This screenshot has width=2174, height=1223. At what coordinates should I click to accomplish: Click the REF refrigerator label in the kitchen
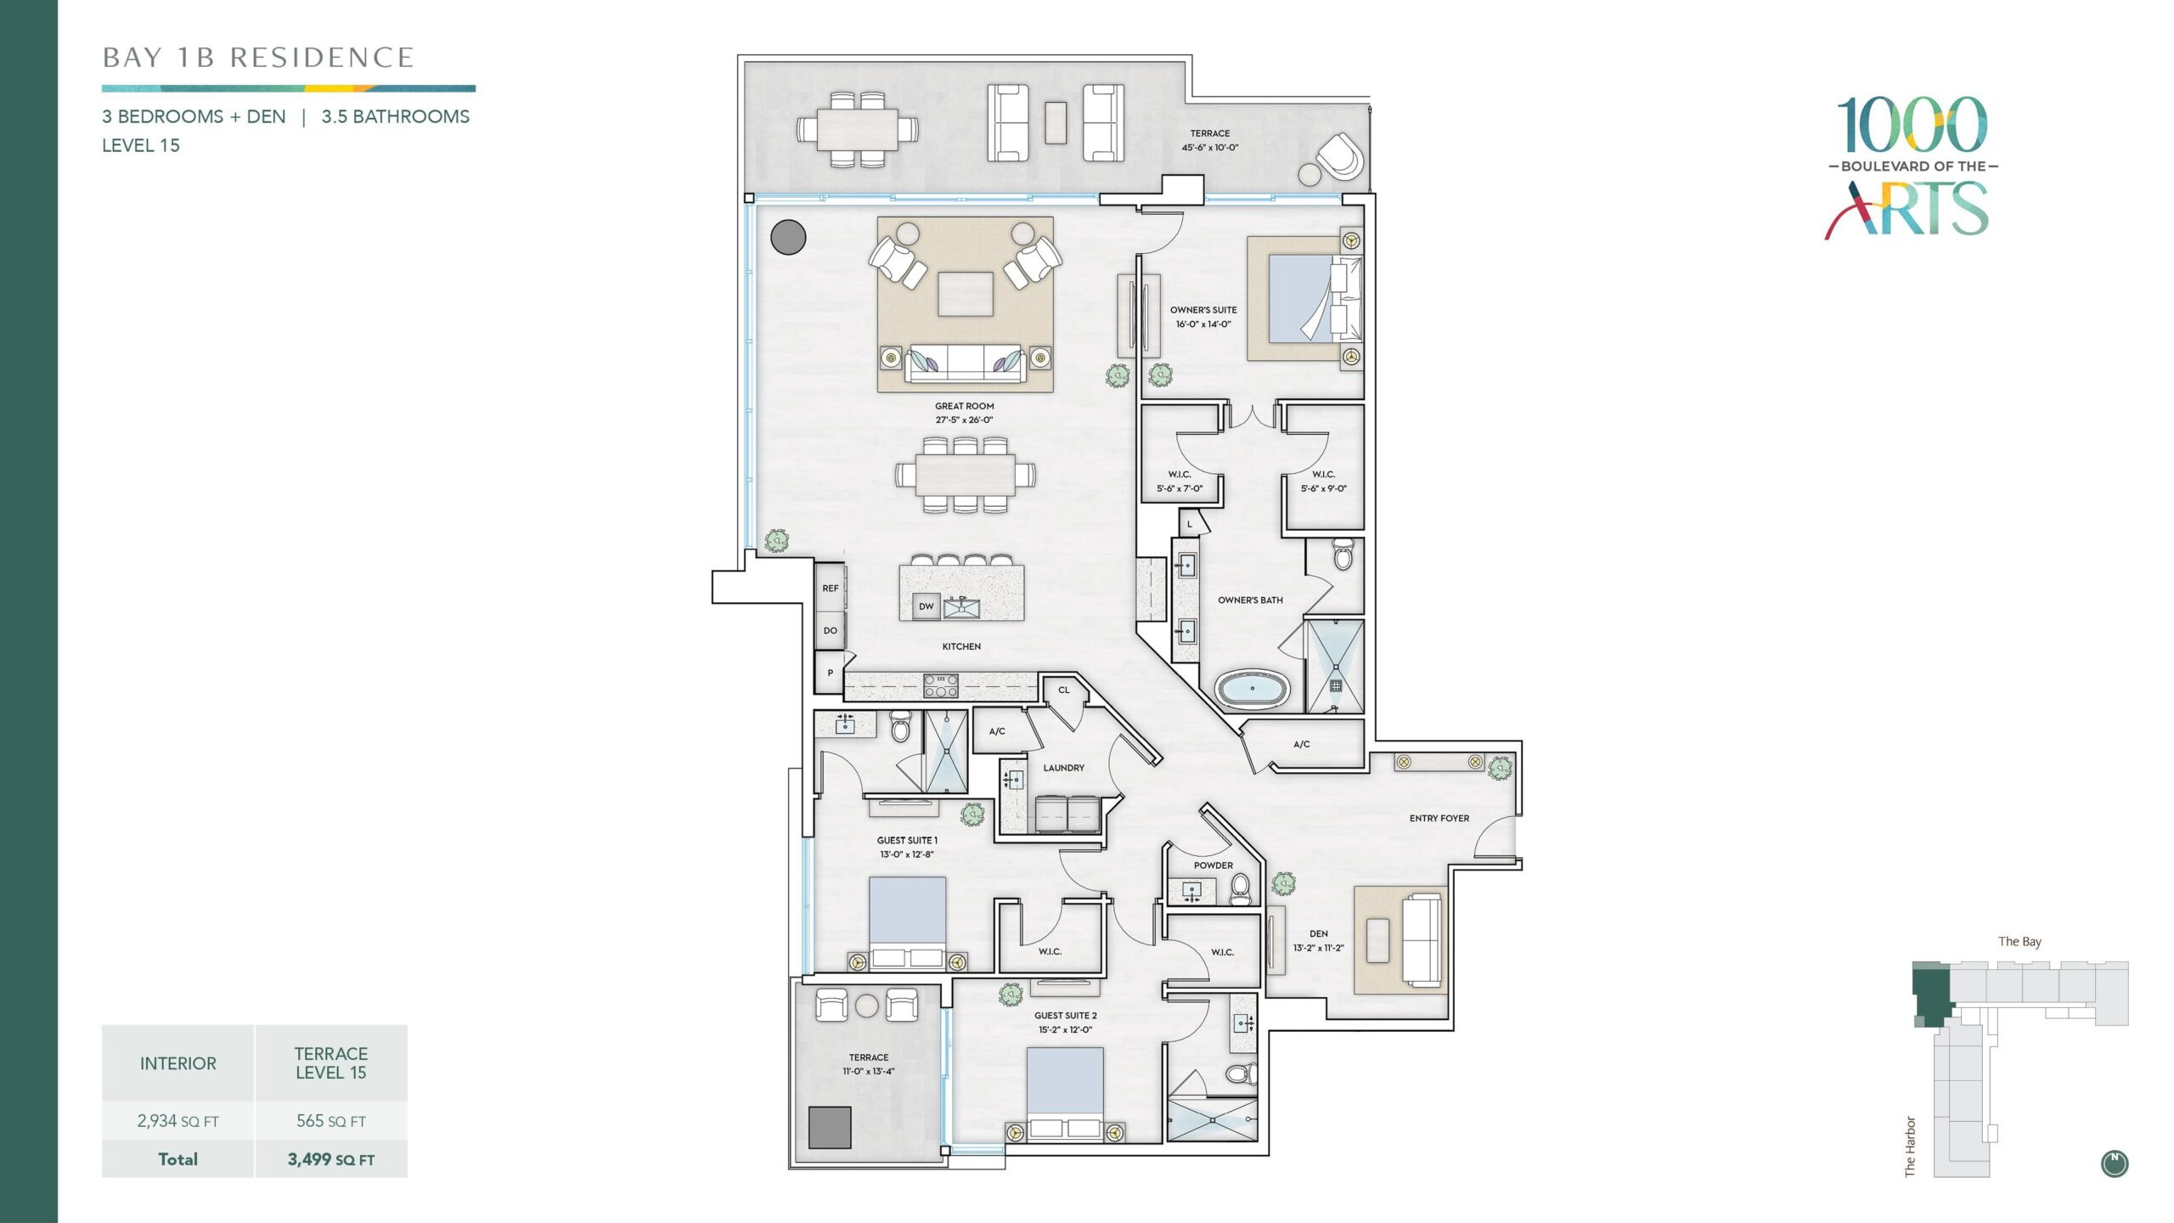830,588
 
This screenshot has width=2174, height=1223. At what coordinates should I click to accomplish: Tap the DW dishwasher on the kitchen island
926,606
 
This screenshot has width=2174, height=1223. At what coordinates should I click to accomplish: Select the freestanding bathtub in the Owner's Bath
1253,689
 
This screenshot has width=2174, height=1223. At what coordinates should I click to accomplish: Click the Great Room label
964,406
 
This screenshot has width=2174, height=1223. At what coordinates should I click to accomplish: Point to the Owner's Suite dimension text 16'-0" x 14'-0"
1203,324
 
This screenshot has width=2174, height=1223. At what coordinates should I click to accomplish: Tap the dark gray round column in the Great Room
788,237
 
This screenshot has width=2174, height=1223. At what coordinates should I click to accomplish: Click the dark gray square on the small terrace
830,1127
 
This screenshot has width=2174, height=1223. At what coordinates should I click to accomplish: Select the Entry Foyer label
1439,819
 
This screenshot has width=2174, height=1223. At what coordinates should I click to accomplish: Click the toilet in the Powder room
1241,889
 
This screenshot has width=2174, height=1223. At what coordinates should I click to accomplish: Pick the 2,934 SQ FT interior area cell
178,1121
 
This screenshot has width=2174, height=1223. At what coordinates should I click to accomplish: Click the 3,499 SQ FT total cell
331,1159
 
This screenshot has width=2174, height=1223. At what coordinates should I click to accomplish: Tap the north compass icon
2115,1164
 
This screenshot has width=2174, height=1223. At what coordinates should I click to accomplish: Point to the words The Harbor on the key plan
1910,1147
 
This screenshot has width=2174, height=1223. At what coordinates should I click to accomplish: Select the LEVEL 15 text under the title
141,145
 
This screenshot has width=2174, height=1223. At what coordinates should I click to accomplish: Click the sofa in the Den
1422,939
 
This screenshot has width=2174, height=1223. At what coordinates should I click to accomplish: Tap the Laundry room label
1063,768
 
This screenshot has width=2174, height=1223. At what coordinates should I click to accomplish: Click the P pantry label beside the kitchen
830,673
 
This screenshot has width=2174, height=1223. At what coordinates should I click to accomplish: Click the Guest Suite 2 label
1065,1016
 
